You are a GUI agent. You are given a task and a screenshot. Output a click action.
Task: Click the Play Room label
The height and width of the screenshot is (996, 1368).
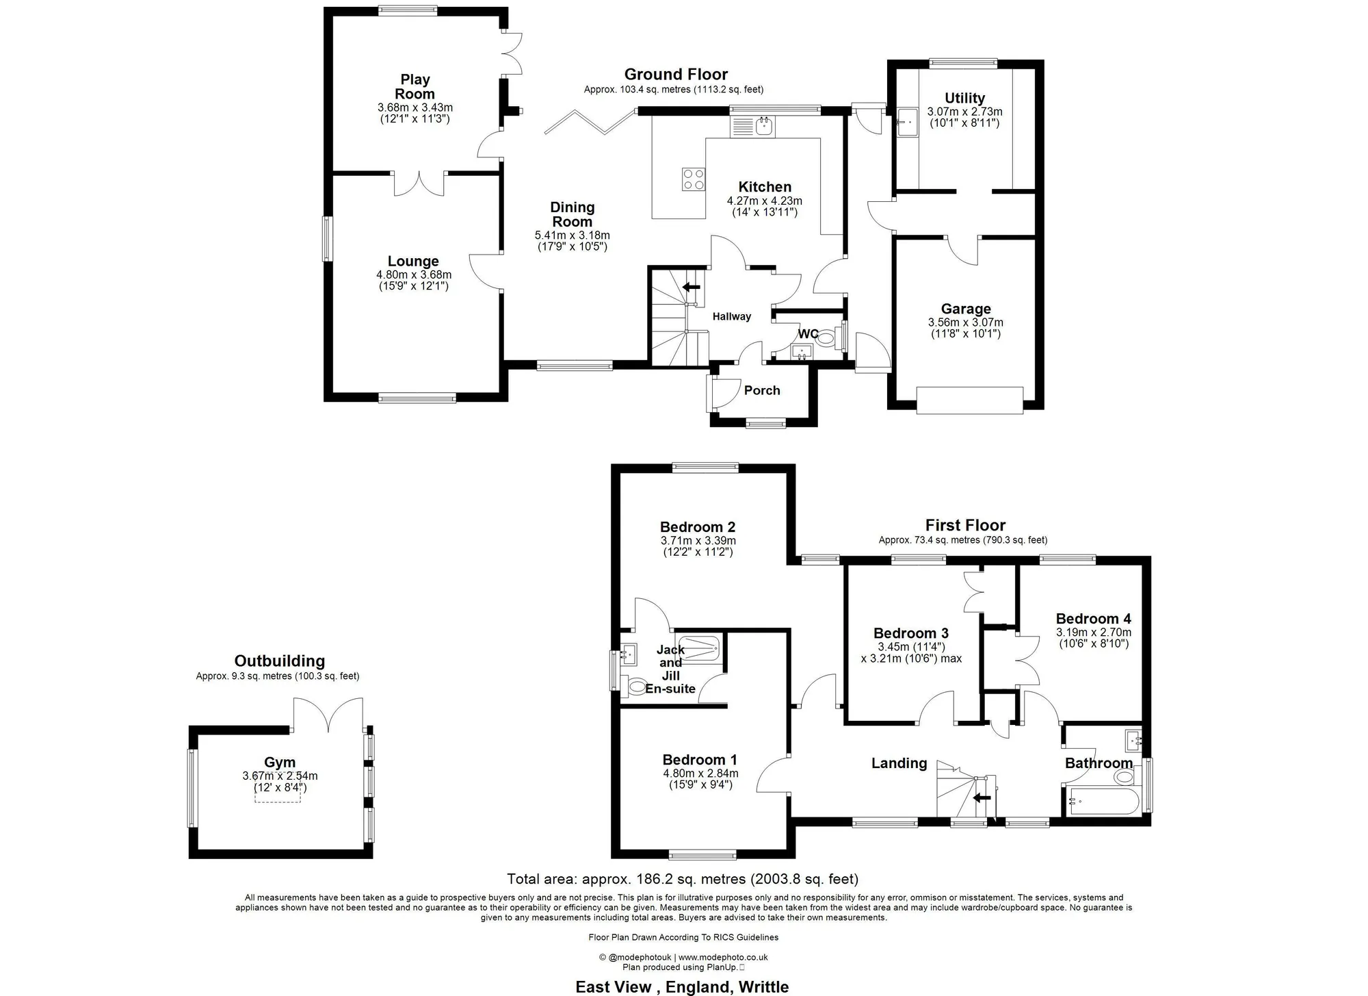click(415, 87)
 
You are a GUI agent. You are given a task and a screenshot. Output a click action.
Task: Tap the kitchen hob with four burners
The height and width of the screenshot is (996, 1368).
click(694, 179)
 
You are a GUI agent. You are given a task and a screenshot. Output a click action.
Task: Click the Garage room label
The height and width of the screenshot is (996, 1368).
click(966, 309)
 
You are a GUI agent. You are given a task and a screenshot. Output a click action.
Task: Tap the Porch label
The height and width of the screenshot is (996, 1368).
click(762, 390)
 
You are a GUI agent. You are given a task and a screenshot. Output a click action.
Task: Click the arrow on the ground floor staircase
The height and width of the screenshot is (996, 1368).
click(692, 287)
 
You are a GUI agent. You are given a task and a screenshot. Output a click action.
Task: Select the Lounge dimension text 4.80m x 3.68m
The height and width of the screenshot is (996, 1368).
click(414, 275)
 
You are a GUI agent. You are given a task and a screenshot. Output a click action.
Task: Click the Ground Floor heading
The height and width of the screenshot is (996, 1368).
click(676, 74)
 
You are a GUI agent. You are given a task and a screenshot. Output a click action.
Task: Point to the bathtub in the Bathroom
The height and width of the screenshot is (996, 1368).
click(1102, 800)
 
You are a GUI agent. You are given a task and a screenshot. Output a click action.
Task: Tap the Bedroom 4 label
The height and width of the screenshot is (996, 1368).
click(1094, 619)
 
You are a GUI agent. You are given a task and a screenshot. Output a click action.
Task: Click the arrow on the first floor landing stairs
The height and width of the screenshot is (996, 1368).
click(982, 797)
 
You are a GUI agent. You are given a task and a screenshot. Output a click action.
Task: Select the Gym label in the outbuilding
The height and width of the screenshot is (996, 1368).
click(280, 762)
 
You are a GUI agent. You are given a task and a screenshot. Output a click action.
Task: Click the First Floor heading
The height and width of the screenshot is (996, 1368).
click(965, 525)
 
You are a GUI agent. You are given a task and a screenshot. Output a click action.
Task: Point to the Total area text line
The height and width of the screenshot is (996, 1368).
click(683, 879)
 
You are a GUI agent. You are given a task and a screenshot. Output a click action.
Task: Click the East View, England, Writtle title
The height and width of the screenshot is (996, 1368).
click(682, 986)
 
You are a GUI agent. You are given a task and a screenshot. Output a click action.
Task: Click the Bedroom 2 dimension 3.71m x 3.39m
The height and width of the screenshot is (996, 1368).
click(698, 541)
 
